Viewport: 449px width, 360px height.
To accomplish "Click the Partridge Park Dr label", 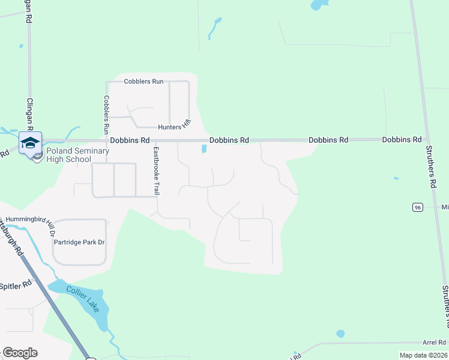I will tap(80, 242).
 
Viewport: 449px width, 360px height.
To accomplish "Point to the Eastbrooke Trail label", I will tap(156, 171).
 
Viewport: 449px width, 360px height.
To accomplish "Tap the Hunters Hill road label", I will tap(175, 126).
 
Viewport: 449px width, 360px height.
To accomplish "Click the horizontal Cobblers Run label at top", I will tap(143, 82).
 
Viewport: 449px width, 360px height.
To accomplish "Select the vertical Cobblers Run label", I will tap(106, 115).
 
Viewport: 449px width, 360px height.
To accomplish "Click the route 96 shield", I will tap(417, 207).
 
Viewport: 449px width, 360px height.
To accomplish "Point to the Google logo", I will tap(20, 353).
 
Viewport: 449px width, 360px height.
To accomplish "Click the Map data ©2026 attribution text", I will tap(423, 355).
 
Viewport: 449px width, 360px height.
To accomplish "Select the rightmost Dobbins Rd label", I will tap(402, 139).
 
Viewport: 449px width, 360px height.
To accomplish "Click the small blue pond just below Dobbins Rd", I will tap(204, 149).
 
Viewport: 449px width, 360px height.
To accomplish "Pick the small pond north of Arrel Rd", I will tap(340, 334).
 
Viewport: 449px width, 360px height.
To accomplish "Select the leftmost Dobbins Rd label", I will tap(130, 140).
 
